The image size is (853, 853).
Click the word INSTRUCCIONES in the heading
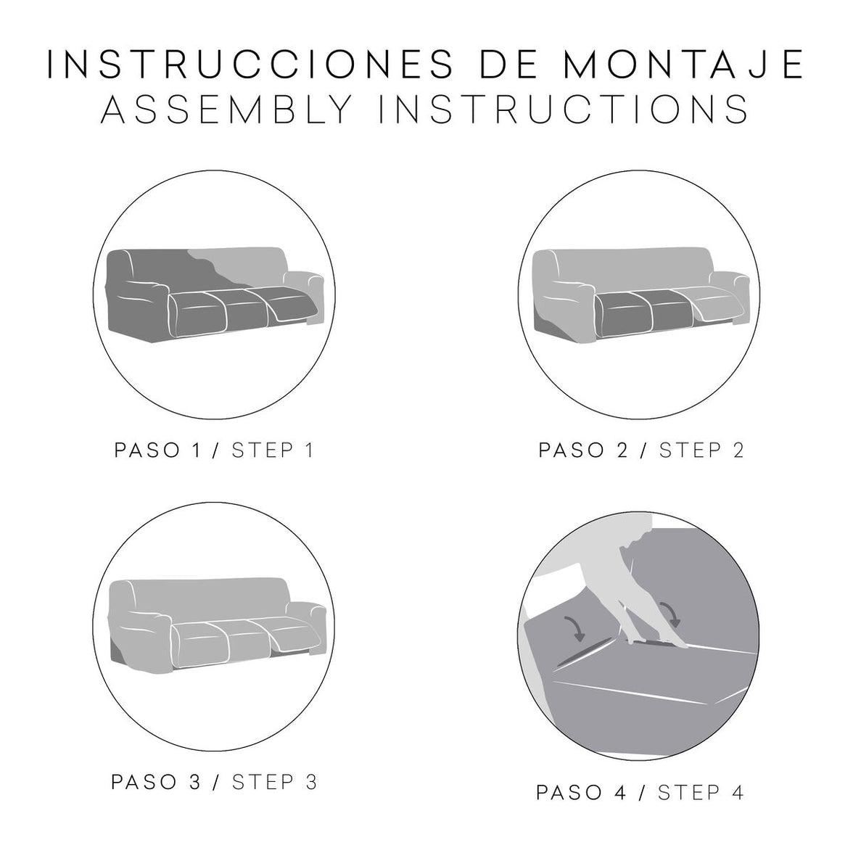tap(251, 64)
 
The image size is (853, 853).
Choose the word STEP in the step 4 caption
tap(690, 793)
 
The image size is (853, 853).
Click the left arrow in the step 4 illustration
tap(576, 628)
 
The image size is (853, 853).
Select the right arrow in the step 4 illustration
tap(671, 614)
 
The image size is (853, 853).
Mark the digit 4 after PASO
tap(620, 793)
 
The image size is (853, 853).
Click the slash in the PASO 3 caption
tap(217, 782)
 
